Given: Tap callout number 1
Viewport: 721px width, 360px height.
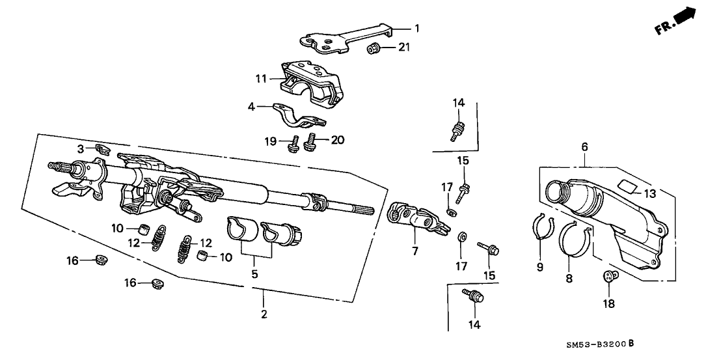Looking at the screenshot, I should tap(418, 28).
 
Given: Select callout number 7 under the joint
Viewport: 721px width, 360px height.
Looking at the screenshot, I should tap(415, 251).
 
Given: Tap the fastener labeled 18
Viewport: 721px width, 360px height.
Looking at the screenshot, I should tap(609, 277).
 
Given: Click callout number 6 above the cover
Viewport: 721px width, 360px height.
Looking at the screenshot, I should tap(584, 148).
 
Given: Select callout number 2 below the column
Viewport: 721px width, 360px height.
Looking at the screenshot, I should tap(264, 316).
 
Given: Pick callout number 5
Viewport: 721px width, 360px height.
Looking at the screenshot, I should tap(254, 274).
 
